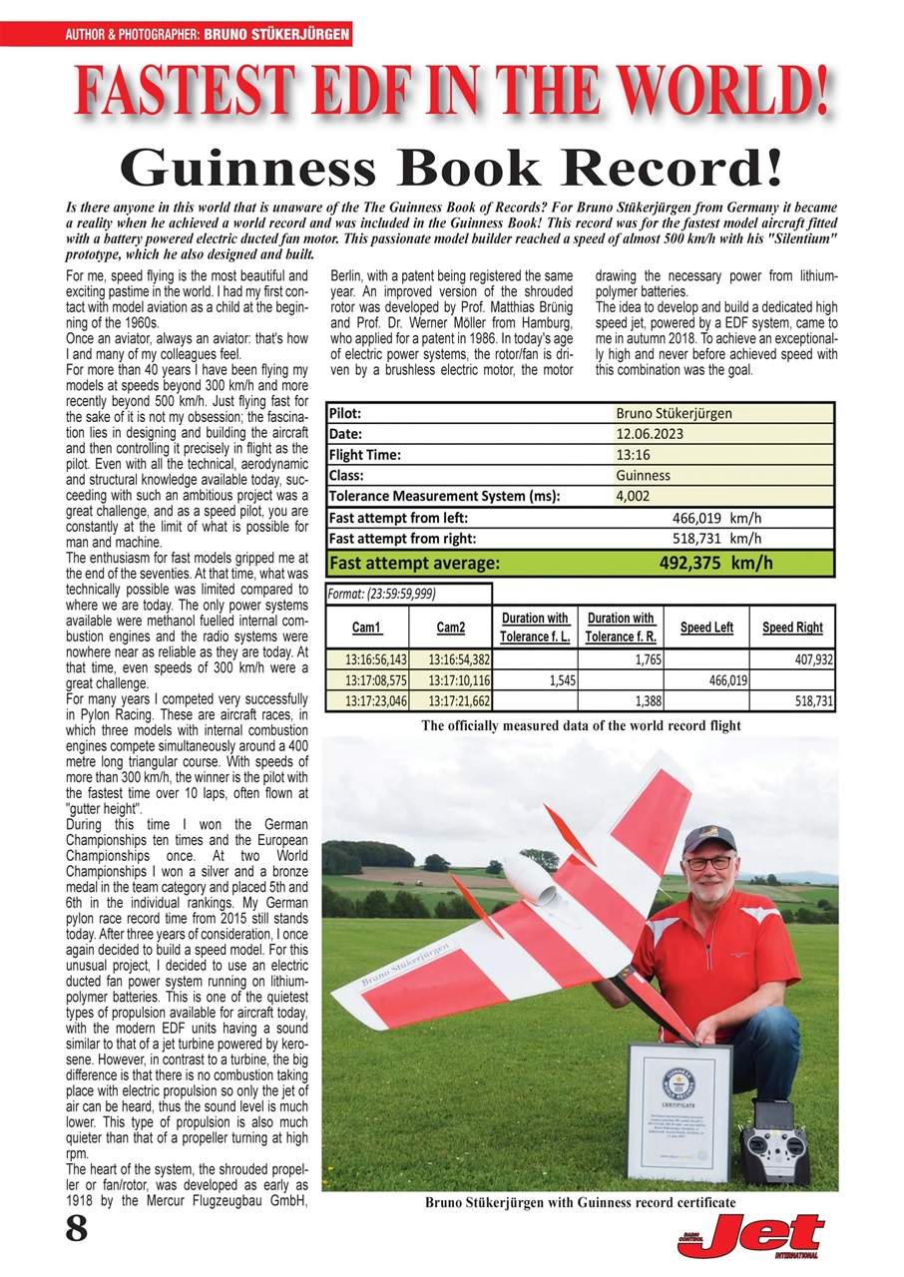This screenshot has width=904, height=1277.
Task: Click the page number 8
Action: pos(76,1230)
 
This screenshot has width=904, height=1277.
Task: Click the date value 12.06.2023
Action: pos(650,434)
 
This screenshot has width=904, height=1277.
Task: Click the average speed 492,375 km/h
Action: pos(715,563)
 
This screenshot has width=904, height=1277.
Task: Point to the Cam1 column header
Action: pos(366,628)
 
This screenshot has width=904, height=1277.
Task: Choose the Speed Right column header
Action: pos(792,628)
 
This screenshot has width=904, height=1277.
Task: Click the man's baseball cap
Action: pos(709,837)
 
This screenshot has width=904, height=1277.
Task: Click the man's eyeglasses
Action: pos(709,862)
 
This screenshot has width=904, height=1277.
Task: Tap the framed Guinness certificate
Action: pos(679,1109)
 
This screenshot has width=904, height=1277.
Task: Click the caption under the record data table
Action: pos(581,725)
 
